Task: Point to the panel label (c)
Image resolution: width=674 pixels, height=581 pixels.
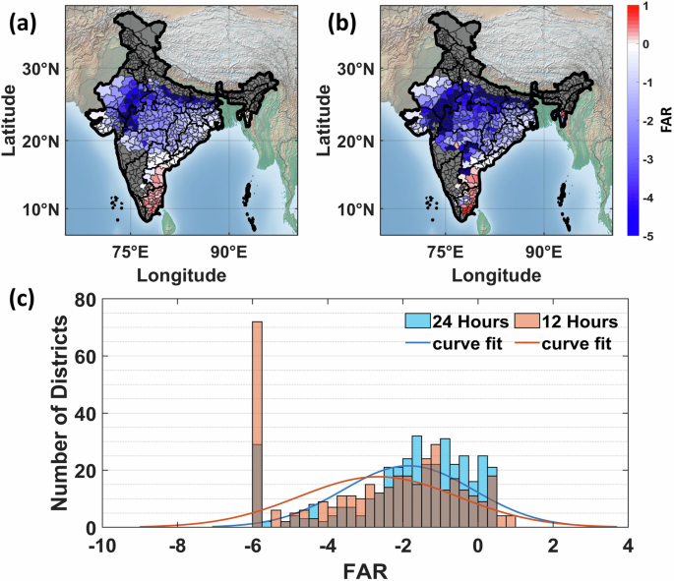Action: (x=22, y=299)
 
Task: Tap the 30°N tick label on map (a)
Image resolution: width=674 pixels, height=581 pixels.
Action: (x=41, y=69)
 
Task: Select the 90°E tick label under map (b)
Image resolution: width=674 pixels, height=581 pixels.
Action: (x=543, y=252)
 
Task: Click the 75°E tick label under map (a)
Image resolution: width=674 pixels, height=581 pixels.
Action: (x=130, y=252)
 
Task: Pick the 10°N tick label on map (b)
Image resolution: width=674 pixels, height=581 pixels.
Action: (x=356, y=210)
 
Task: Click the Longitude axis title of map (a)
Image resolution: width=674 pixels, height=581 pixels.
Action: (x=181, y=275)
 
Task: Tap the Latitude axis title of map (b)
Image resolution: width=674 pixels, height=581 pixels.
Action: (x=324, y=120)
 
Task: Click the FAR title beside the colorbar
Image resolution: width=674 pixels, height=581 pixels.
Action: (x=666, y=120)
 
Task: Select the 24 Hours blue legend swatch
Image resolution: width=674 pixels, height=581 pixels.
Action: (x=418, y=320)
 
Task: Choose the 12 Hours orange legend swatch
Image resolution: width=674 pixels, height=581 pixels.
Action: (x=526, y=320)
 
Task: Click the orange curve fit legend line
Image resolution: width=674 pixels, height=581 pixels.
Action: (x=526, y=343)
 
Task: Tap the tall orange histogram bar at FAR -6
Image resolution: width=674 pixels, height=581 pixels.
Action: (x=257, y=425)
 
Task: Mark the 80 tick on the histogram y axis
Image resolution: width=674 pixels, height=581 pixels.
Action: (x=85, y=299)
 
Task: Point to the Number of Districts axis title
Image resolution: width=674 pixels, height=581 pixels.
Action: (x=60, y=413)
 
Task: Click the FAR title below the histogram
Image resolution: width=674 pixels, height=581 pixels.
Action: (x=365, y=571)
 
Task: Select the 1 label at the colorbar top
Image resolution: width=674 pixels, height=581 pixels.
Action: (x=647, y=8)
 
